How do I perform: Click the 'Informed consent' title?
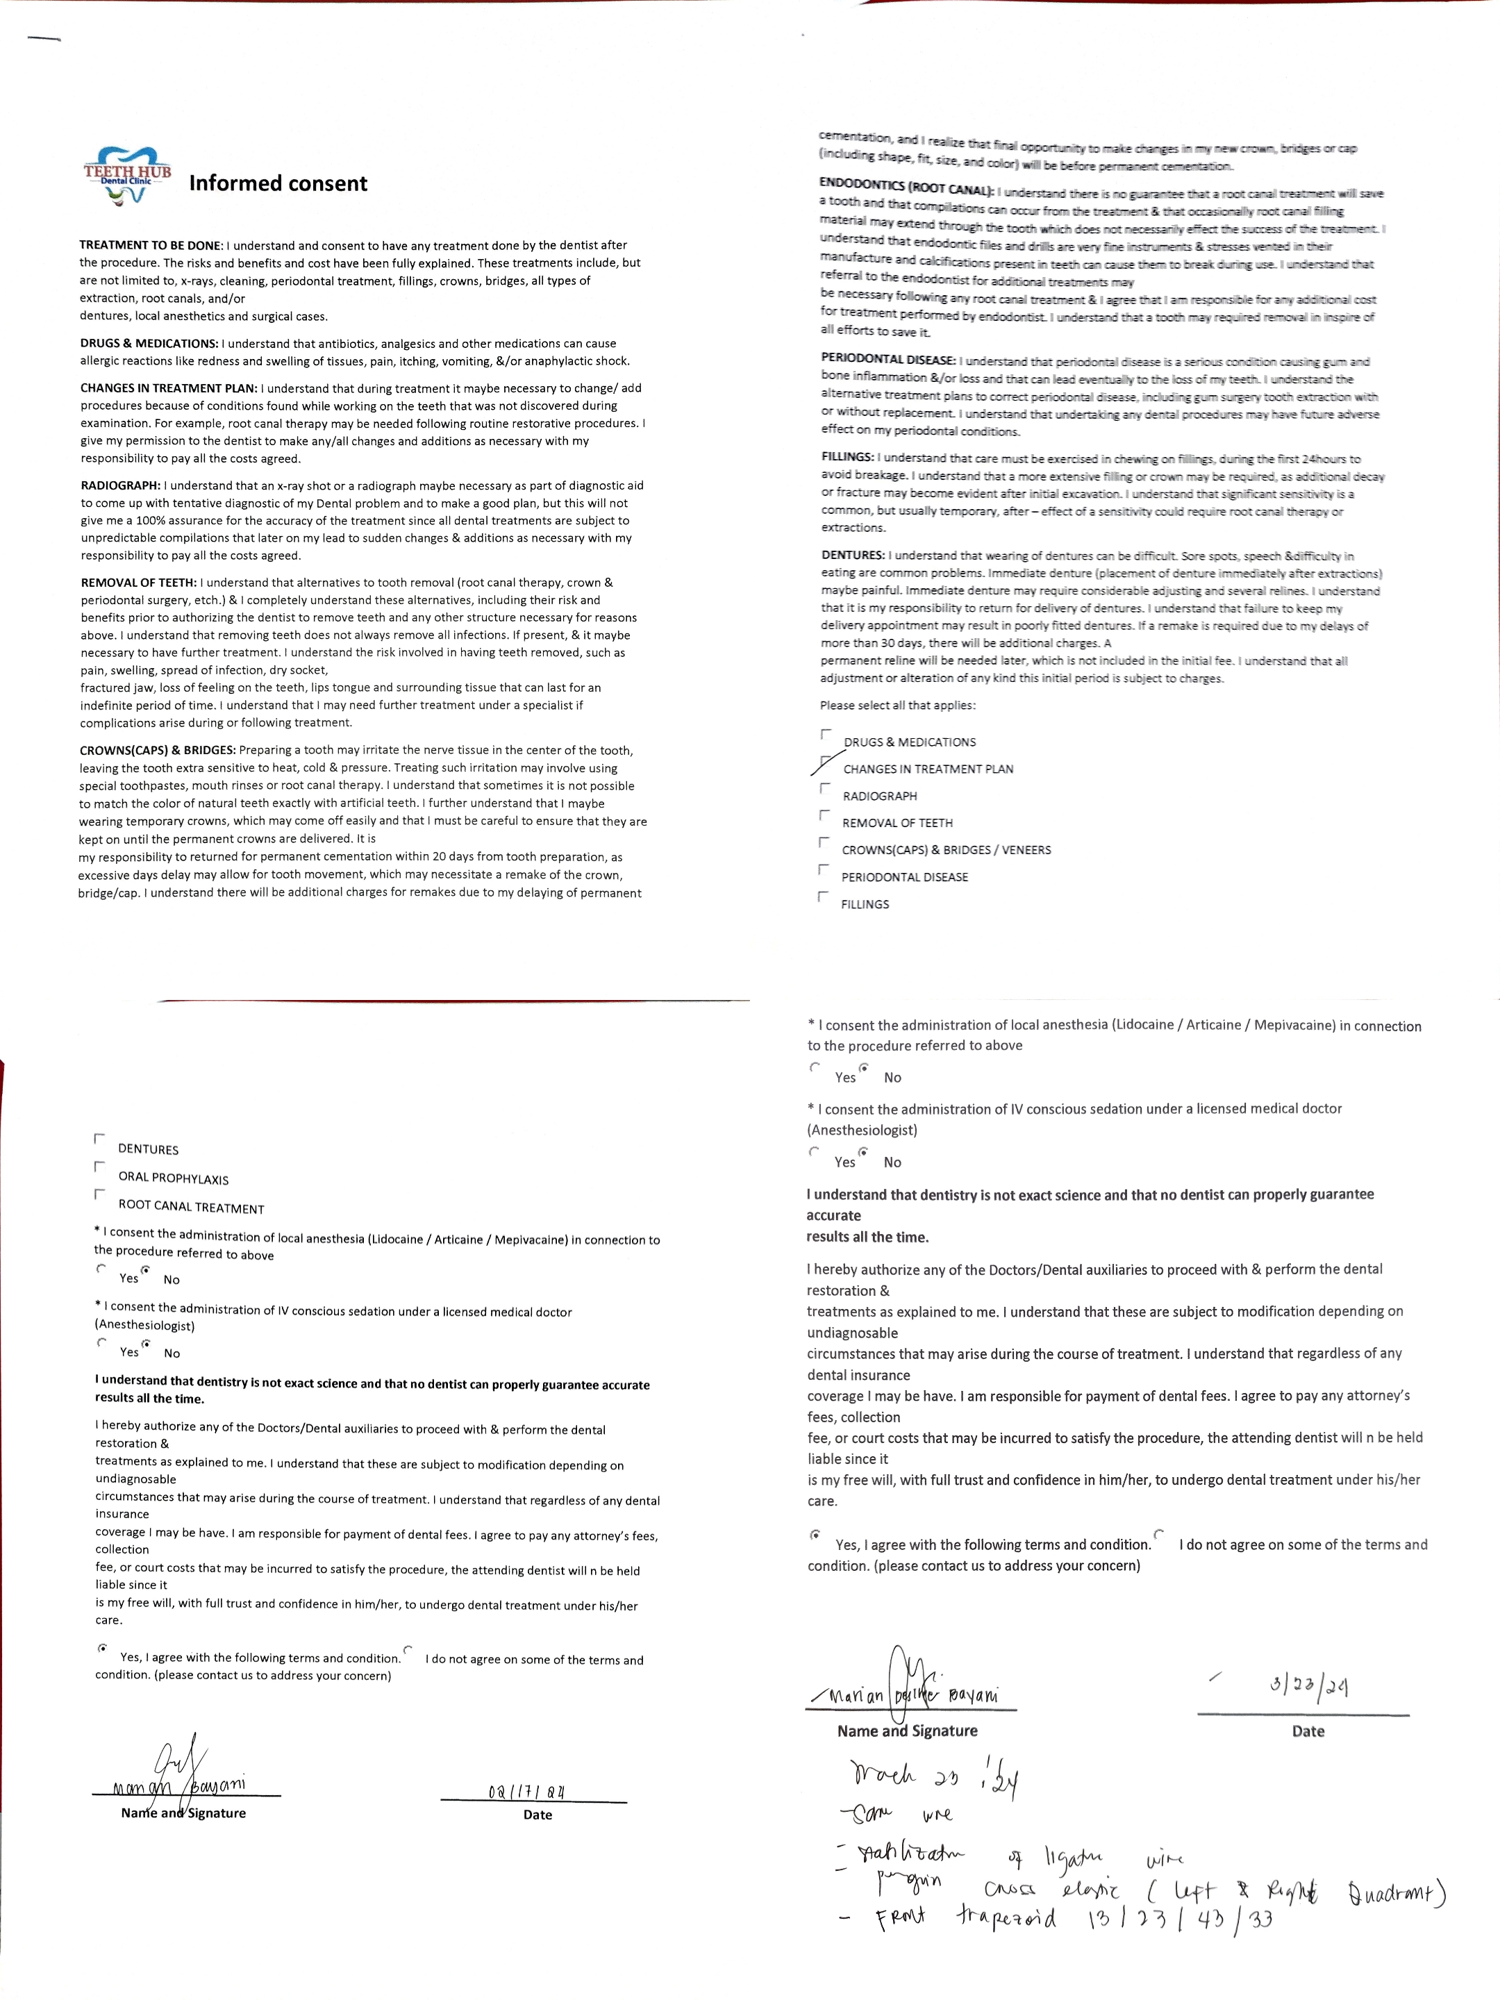(278, 183)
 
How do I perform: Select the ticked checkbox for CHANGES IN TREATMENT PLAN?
(824, 761)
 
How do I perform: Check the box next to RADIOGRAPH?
(824, 788)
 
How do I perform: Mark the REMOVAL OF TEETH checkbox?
(824, 815)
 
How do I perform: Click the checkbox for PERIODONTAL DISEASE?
(823, 870)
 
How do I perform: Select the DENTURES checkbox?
(99, 1140)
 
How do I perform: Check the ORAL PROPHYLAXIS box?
(99, 1167)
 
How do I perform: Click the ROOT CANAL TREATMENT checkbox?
(99, 1195)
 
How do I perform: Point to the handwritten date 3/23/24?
(1308, 1685)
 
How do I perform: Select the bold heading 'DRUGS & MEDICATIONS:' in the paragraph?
(149, 344)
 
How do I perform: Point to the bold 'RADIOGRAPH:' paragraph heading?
(121, 485)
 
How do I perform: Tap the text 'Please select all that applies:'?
(898, 706)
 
